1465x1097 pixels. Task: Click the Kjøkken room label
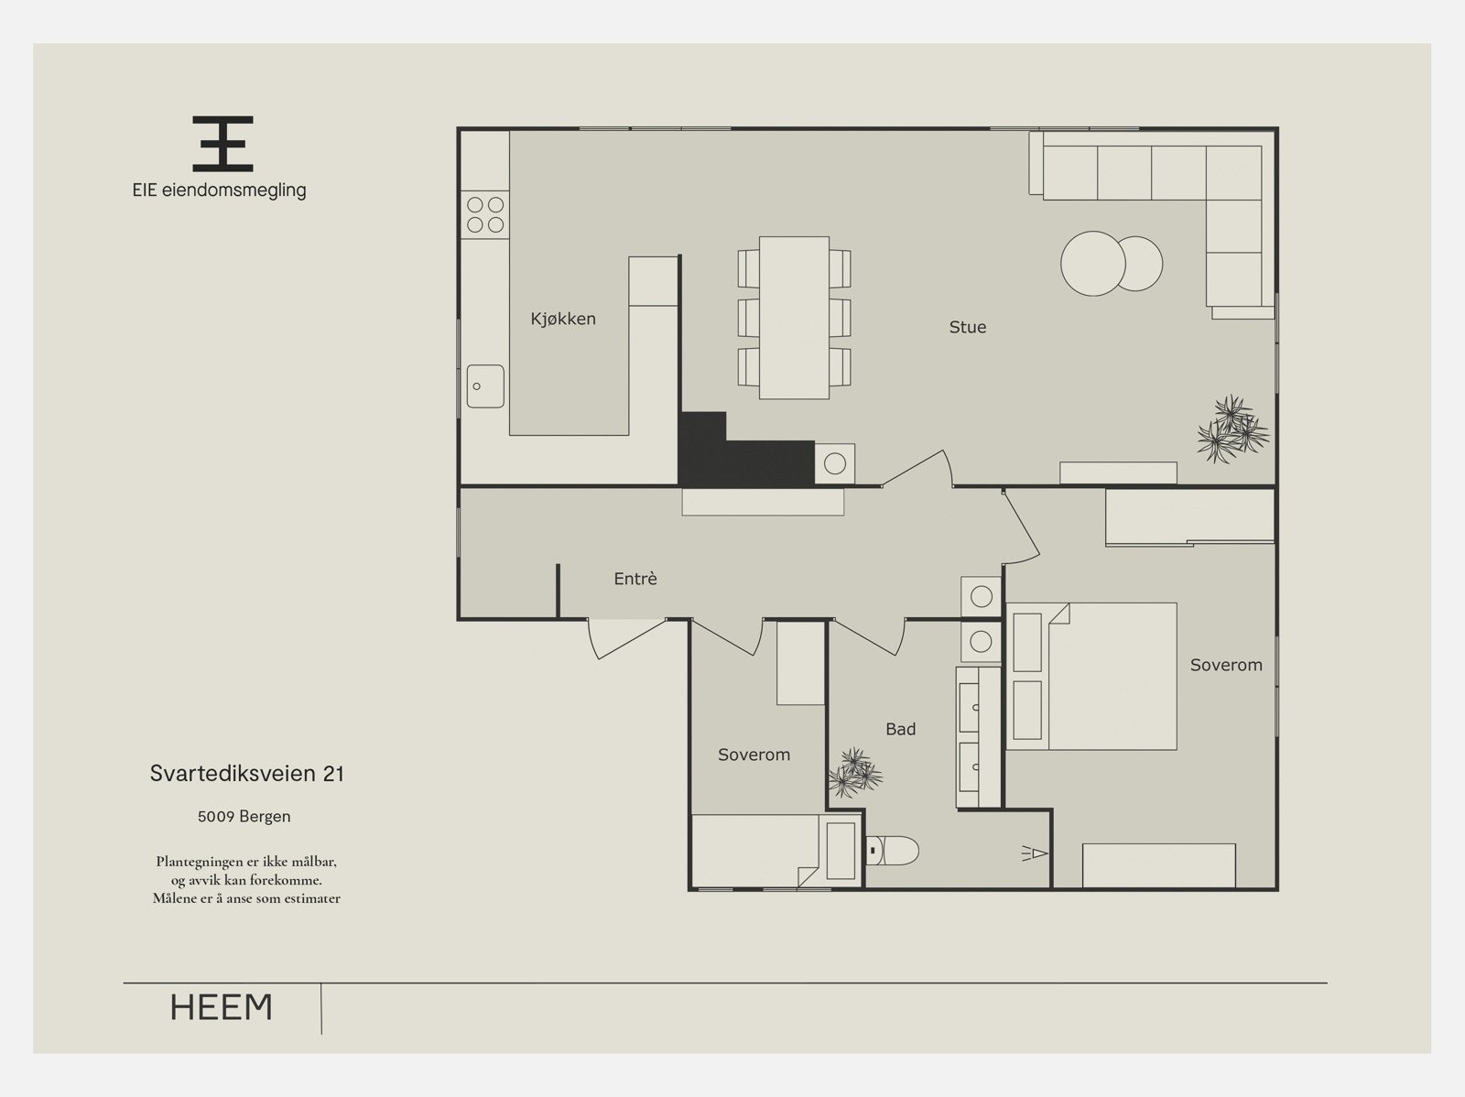[562, 319]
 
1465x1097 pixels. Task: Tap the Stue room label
[967, 327]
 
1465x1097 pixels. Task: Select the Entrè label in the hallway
[635, 579]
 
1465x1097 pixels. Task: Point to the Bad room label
[900, 729]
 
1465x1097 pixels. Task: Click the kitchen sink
[485, 386]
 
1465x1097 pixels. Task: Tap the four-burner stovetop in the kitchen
[485, 215]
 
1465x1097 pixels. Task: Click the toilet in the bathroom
[893, 851]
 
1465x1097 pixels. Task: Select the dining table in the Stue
[794, 318]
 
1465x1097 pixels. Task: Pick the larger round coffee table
[1092, 264]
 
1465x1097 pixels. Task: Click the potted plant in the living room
[1232, 429]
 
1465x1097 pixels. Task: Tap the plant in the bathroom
[855, 773]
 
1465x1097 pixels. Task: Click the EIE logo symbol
[222, 144]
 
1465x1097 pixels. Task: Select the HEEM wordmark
[221, 1007]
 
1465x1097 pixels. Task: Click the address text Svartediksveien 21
[247, 774]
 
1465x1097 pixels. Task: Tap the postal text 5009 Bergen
[244, 816]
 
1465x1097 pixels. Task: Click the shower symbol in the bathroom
[1036, 853]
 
